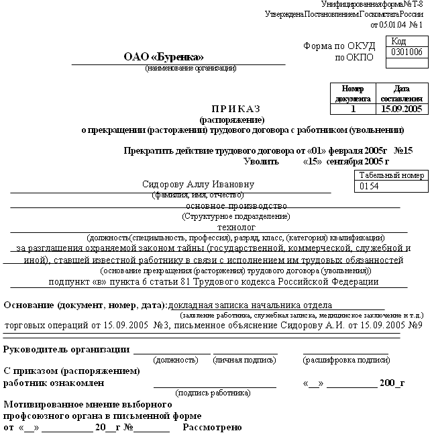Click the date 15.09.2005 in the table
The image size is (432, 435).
400,108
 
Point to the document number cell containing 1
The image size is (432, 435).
353,108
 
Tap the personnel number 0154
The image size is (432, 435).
370,186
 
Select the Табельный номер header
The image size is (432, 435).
392,175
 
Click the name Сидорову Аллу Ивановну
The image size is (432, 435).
199,185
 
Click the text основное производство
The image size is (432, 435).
236,205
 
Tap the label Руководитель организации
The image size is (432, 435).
66,349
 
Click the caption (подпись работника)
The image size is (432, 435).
213,392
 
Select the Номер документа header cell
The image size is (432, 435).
353,93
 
